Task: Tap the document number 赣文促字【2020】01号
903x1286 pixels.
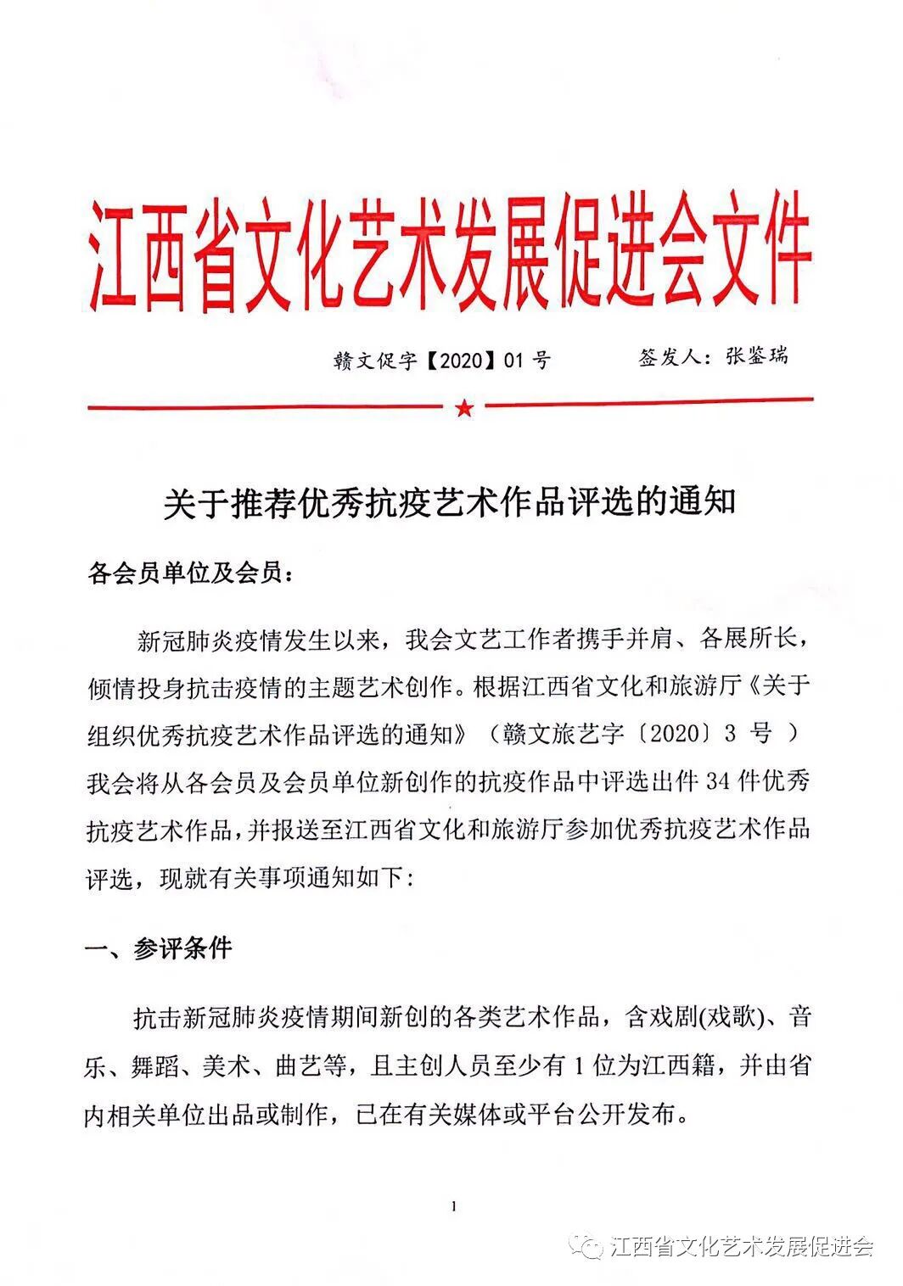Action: [x=442, y=361]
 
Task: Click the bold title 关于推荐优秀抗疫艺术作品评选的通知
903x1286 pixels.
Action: [x=450, y=503]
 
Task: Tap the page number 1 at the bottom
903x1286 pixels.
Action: [x=456, y=1205]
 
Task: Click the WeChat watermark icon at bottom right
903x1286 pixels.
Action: [x=591, y=1245]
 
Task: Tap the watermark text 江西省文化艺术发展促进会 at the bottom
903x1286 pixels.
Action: [x=742, y=1247]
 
